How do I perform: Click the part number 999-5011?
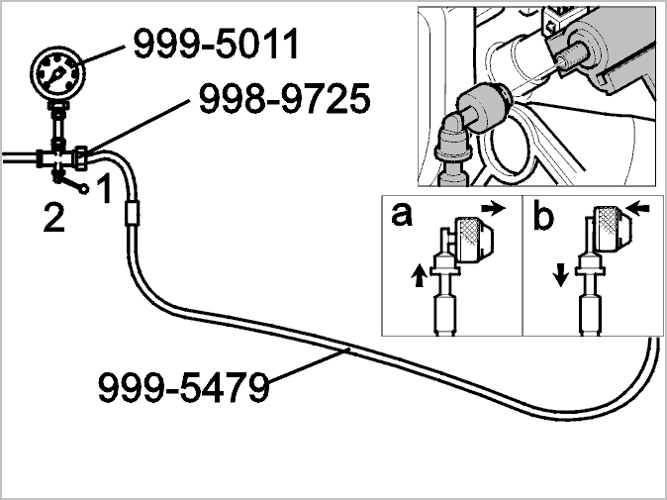(x=216, y=44)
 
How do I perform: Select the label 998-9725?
(x=285, y=99)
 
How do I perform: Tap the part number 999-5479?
(x=183, y=387)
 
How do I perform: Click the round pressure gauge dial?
(x=57, y=74)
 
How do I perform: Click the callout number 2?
(x=54, y=217)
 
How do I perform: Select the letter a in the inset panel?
(x=402, y=214)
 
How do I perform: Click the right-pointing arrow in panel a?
(x=494, y=208)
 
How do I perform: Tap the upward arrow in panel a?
(x=420, y=275)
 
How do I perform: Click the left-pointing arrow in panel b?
(x=637, y=209)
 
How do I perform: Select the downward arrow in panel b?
(x=561, y=275)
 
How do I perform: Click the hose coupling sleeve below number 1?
(x=133, y=214)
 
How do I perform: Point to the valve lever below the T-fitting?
(x=70, y=183)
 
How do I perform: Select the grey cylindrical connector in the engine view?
(x=483, y=109)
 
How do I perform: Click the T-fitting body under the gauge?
(x=58, y=159)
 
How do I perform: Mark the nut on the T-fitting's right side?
(x=81, y=157)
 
